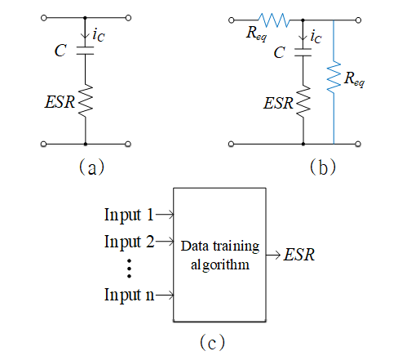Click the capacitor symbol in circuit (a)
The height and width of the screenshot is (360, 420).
(x=85, y=51)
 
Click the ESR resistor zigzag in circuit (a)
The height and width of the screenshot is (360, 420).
(x=86, y=100)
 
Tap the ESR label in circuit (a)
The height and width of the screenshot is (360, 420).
(x=60, y=102)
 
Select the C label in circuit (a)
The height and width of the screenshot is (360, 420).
(x=60, y=51)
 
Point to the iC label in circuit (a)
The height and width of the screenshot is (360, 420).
(x=99, y=35)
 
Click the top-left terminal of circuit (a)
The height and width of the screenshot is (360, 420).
(x=44, y=18)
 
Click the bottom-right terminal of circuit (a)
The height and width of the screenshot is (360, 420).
(x=128, y=144)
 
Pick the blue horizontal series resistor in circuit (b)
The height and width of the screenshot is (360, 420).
(x=274, y=20)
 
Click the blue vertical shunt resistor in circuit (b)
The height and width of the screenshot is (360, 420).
(x=334, y=78)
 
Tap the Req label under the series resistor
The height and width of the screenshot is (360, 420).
(x=256, y=33)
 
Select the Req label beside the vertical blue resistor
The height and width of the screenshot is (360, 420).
(x=354, y=79)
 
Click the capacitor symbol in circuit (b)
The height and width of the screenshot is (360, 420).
(x=303, y=52)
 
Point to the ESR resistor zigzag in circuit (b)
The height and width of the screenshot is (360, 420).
(x=303, y=102)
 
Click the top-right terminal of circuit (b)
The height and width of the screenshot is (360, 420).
(x=359, y=20)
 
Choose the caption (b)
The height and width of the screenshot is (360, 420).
(x=323, y=167)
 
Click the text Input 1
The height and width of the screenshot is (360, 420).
(x=129, y=215)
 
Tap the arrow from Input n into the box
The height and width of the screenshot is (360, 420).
(x=165, y=295)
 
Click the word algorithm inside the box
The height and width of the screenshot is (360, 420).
(x=220, y=264)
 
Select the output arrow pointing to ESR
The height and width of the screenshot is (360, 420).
(x=273, y=255)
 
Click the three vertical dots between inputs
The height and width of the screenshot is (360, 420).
(x=129, y=269)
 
